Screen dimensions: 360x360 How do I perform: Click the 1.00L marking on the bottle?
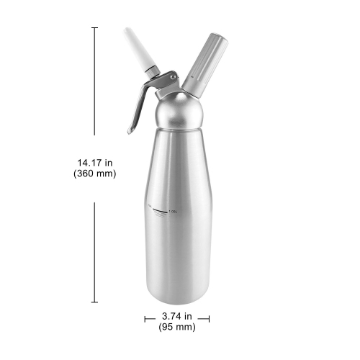(173, 210)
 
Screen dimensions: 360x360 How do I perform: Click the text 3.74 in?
(176, 315)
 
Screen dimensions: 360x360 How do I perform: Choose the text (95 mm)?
(176, 328)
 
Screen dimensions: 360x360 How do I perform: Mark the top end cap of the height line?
(94, 27)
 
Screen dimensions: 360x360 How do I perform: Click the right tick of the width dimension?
(208, 316)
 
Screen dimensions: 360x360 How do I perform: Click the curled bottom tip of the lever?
(130, 131)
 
